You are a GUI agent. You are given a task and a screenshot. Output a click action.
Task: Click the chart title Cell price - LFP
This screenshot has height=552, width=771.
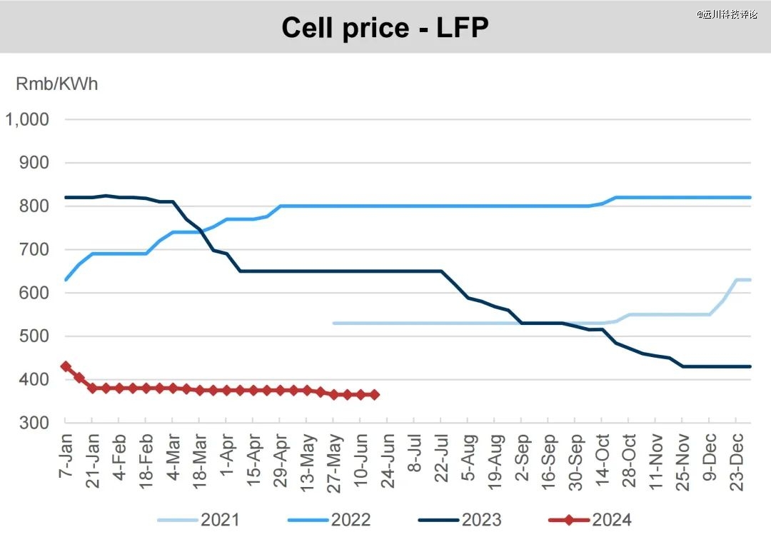point(385,28)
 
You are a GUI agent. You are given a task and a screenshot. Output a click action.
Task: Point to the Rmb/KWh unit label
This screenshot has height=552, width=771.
point(56,84)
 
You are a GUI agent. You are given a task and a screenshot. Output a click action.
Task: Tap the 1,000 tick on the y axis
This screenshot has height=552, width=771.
point(27,119)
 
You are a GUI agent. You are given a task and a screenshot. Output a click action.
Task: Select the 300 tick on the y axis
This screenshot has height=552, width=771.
point(35,423)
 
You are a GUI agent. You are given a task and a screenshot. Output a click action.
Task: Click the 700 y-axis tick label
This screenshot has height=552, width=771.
point(35,249)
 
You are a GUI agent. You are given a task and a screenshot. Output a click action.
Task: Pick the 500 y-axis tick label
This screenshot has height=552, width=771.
point(35,336)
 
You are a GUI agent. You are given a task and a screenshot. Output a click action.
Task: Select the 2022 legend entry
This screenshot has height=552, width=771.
point(330,519)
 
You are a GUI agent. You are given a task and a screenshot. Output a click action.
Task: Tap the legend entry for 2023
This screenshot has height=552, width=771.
point(460,519)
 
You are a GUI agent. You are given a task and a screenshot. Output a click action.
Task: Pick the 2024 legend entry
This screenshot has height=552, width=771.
point(591,519)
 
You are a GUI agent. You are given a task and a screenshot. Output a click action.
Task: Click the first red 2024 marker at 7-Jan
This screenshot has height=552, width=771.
point(66,366)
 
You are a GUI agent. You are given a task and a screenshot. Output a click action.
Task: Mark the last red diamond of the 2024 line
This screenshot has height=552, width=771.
point(374,395)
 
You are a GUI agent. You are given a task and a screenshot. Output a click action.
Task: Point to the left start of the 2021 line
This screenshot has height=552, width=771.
point(334,323)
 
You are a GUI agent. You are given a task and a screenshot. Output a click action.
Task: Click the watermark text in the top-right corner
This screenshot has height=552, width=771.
point(727,14)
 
